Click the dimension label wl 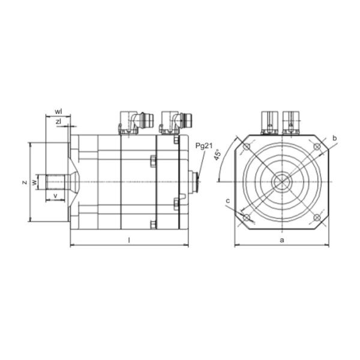point(58,112)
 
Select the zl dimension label point(59,122)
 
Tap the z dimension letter point(25,182)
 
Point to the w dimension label point(34,182)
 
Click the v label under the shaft point(55,196)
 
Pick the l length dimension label point(129,240)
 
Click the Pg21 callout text point(204,146)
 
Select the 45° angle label point(217,154)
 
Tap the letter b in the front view point(335,138)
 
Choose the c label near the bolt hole point(228,201)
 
